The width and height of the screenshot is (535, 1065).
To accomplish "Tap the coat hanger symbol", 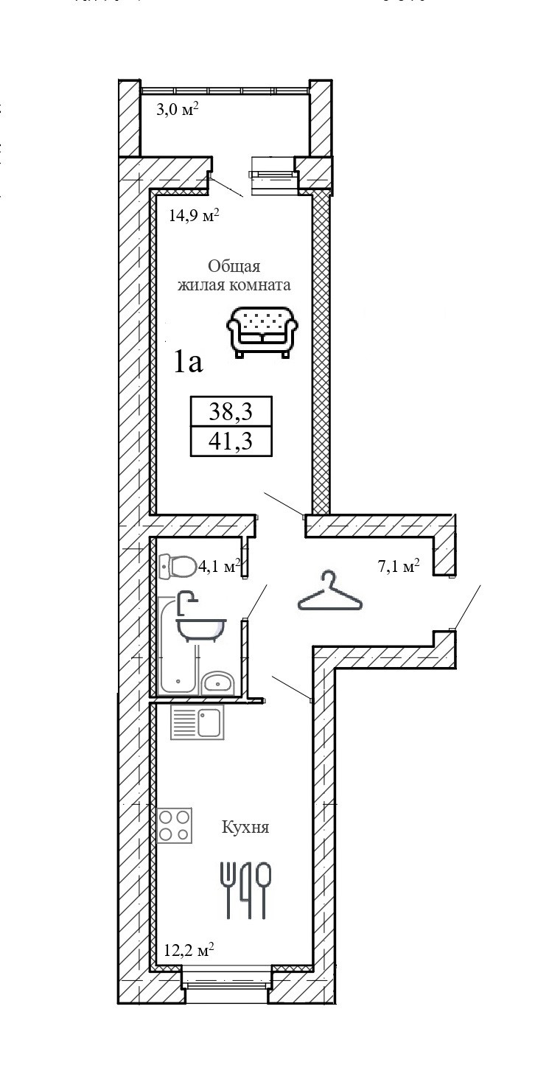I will (x=330, y=593).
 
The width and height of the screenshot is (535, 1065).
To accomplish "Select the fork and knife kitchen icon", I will (x=246, y=889).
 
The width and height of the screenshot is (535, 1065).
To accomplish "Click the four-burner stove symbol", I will (x=175, y=825).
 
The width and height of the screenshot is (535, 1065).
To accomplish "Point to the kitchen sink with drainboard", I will (x=197, y=722).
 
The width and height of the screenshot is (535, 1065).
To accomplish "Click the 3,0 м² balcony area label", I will (x=178, y=111).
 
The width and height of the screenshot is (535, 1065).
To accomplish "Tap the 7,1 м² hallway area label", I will (x=397, y=566).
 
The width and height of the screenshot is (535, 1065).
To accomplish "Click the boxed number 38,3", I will (x=231, y=411).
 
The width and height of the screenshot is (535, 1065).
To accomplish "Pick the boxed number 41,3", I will (x=231, y=441).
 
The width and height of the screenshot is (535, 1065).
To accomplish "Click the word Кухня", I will (x=245, y=828).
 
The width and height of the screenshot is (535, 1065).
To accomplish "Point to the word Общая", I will (x=234, y=266).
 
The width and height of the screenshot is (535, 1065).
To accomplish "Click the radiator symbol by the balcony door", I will (x=274, y=174).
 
